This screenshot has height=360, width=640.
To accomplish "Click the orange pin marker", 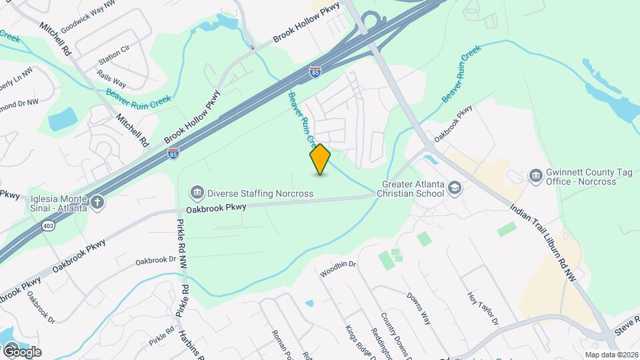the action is (321, 159).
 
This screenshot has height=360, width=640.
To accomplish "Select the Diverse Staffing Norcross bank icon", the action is (197, 193).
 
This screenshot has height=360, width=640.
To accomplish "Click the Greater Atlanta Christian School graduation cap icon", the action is (455, 188).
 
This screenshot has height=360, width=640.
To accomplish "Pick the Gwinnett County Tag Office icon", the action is (535, 175).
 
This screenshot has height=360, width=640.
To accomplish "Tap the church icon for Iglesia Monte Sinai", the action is (97, 203).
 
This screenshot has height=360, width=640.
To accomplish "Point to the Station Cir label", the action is (114, 53).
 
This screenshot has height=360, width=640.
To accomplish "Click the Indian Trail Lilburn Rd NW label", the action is (543, 241).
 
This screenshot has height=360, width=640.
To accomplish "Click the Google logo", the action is (21, 351).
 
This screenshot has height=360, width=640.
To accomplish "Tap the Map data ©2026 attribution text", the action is (611, 354).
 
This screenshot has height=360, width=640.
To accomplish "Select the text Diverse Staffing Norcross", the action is (260, 193).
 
